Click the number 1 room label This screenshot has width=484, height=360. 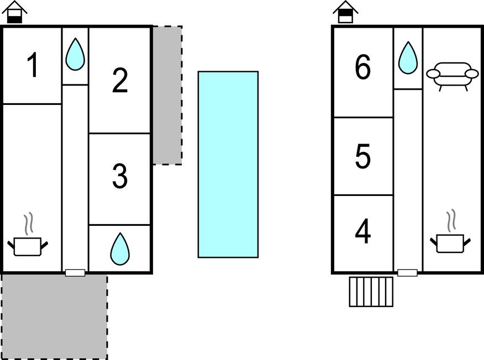33,66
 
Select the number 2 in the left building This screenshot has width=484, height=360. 120,81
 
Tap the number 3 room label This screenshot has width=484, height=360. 120,177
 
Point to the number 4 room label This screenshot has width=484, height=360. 362,232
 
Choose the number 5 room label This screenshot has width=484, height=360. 362,157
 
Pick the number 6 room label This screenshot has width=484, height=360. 362,68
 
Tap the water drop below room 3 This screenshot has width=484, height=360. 120,249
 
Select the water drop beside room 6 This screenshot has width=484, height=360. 408,58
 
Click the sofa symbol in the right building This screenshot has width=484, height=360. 452,76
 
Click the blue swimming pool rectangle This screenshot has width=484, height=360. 228,164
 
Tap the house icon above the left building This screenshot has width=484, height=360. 15,12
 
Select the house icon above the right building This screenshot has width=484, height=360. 346,12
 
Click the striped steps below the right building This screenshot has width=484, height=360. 371,292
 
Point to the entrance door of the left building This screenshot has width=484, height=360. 75,273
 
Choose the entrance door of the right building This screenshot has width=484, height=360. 407,273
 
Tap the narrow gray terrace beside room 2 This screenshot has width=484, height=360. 167,95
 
